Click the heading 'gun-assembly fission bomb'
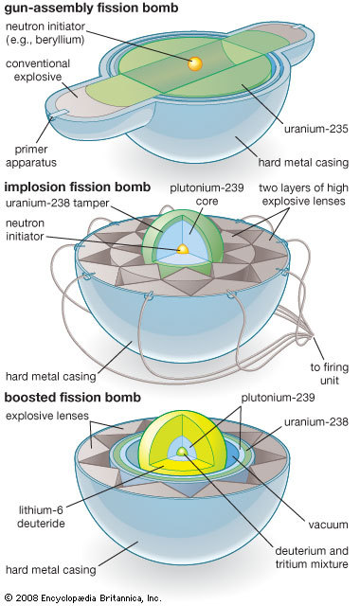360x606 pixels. pyautogui.click(x=91, y=9)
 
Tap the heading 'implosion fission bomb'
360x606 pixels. pyautogui.click(x=78, y=187)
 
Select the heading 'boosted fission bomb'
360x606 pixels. pyautogui.click(x=73, y=398)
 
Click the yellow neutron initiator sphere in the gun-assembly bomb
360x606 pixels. pyautogui.click(x=195, y=63)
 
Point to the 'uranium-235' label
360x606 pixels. pyautogui.click(x=316, y=129)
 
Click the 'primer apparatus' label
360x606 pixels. pyautogui.click(x=31, y=155)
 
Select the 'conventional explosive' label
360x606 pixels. pyautogui.click(x=38, y=70)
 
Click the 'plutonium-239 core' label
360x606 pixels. pyautogui.click(x=207, y=194)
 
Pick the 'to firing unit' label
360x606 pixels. pyautogui.click(x=330, y=373)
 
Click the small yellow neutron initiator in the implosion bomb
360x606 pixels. pyautogui.click(x=182, y=249)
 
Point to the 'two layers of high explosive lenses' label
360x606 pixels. pyautogui.click(x=303, y=194)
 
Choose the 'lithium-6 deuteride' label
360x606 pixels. pyautogui.click(x=41, y=517)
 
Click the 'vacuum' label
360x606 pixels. pyautogui.click(x=329, y=525)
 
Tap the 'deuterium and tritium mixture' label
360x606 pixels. pyautogui.click(x=312, y=557)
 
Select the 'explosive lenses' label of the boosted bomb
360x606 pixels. pyautogui.click(x=47, y=416)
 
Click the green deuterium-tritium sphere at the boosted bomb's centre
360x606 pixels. pyautogui.click(x=181, y=452)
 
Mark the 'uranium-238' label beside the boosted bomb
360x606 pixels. pyautogui.click(x=316, y=421)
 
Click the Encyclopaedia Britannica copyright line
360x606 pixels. pyautogui.click(x=83, y=597)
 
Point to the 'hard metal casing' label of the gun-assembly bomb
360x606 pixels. pyautogui.click(x=303, y=162)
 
